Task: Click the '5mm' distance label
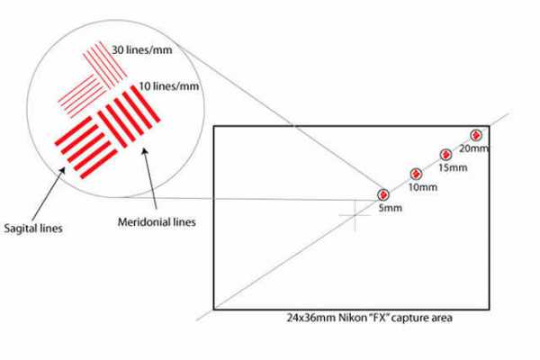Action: pos(389,209)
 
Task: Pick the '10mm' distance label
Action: pos(422,188)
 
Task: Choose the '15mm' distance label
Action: pos(452,168)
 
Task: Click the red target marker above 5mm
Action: pos(383,194)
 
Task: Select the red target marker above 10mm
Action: pos(416,174)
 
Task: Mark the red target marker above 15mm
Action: pos(445,155)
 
